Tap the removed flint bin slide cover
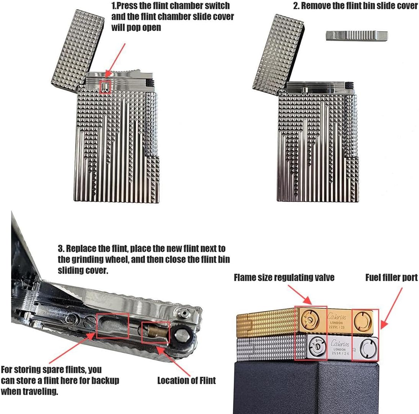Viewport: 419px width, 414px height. pyautogui.click(x=357, y=36)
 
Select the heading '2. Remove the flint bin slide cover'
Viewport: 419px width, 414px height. pyautogui.click(x=355, y=6)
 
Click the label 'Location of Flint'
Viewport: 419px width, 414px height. pyautogui.click(x=186, y=380)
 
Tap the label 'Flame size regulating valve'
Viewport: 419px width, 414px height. pyautogui.click(x=284, y=277)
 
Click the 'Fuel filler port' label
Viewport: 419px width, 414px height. pyautogui.click(x=391, y=277)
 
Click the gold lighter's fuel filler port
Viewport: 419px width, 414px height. pyautogui.click(x=362, y=321)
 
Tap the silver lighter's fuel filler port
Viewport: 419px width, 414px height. pyautogui.click(x=368, y=349)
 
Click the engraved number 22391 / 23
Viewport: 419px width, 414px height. pyautogui.click(x=336, y=327)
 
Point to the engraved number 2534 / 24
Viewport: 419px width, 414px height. pyautogui.click(x=340, y=353)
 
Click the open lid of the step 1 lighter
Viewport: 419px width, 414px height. pyautogui.click(x=78, y=51)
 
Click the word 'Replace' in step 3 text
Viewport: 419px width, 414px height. pyautogui.click(x=82, y=249)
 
